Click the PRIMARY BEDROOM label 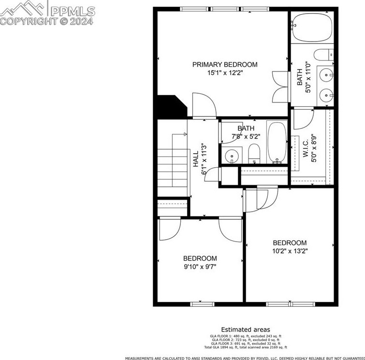click(225, 64)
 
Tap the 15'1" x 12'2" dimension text click(225, 73)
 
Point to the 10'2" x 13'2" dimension click(290, 251)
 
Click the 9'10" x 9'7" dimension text click(200, 266)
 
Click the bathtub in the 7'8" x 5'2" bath click(277, 143)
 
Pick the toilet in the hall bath click(254, 154)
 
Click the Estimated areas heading click(246, 330)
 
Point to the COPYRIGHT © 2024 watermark click(47, 22)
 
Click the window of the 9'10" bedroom click(202, 304)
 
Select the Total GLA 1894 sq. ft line click(246, 347)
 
